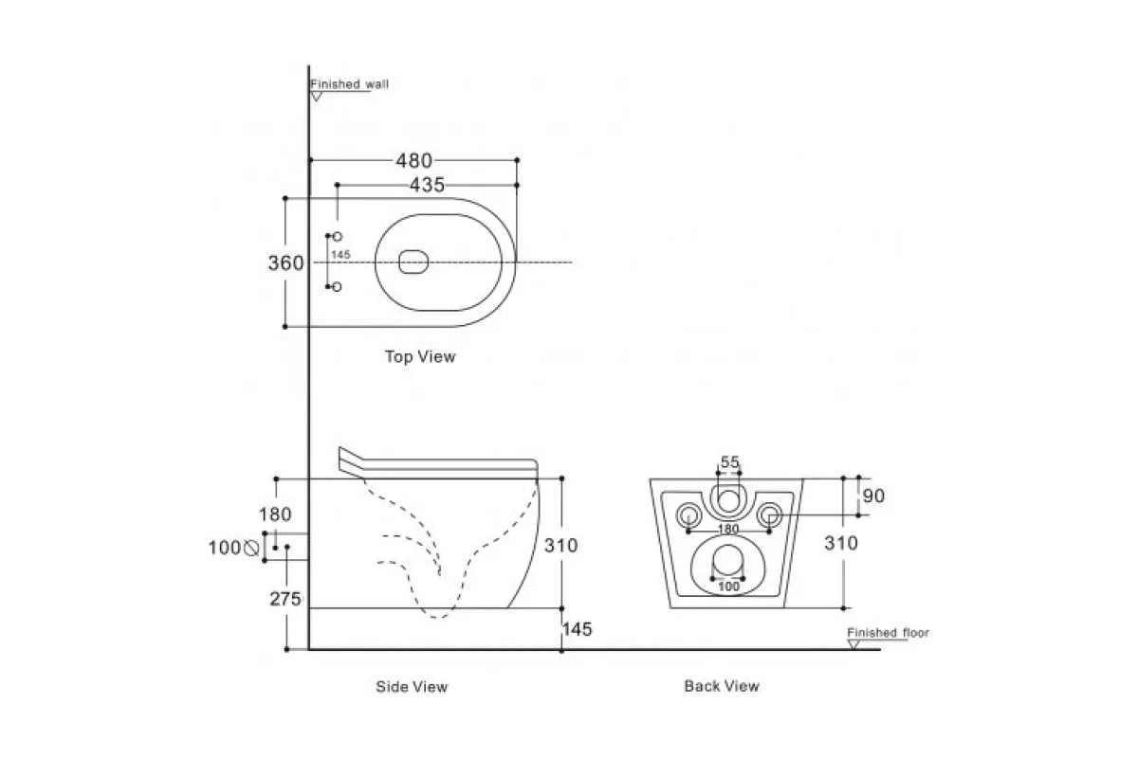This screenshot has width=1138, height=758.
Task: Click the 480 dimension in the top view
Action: [x=413, y=161]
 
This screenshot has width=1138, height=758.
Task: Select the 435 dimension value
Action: [x=427, y=186]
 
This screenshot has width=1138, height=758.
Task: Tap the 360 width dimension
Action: [x=285, y=262]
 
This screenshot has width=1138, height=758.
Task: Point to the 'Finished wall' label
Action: [x=350, y=84]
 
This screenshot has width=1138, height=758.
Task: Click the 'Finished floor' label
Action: [x=889, y=632]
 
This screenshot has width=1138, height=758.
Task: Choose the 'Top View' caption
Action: [x=419, y=357]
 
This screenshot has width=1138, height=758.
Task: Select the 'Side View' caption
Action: [x=412, y=686]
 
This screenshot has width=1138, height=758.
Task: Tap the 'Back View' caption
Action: [x=722, y=686]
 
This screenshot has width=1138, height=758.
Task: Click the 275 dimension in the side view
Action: [x=284, y=599]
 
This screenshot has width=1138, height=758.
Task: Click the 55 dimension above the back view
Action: [x=729, y=462]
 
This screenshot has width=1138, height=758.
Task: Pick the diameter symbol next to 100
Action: [x=251, y=547]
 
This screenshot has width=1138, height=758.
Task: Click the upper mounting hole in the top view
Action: [x=338, y=236]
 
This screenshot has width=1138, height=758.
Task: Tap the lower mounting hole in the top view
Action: [x=338, y=286]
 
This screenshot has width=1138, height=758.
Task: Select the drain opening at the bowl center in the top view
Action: [x=413, y=262]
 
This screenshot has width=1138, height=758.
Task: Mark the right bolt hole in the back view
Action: [x=770, y=514]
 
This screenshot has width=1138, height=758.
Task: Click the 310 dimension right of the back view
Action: [x=841, y=543]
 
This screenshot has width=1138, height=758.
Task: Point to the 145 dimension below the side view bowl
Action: [x=578, y=629]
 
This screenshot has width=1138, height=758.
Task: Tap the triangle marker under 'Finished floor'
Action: [x=853, y=644]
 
